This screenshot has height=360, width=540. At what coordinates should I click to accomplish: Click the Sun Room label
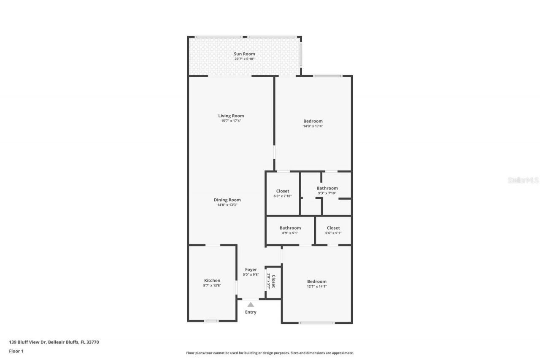tap(244, 54)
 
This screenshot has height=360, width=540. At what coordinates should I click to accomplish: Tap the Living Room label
tap(231, 116)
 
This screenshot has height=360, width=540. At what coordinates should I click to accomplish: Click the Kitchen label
tap(212, 281)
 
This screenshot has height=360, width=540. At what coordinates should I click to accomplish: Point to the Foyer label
tap(251, 270)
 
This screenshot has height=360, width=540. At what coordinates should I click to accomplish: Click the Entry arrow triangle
tap(251, 304)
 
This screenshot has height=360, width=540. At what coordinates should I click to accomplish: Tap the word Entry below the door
tap(251, 312)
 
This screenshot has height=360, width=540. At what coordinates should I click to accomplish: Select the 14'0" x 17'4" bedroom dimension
tap(313, 126)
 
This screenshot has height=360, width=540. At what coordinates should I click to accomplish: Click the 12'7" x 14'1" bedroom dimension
tap(316, 286)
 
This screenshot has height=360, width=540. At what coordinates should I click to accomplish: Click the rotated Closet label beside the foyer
tap(273, 282)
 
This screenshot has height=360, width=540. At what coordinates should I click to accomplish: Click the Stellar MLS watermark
tap(523, 180)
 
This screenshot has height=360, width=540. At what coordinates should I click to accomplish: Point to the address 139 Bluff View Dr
tap(54, 342)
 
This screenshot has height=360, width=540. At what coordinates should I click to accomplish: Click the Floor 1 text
tap(16, 351)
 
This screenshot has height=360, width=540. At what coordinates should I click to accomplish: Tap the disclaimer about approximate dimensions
tap(270, 353)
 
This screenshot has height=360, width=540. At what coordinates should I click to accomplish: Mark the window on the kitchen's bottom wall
tap(211, 321)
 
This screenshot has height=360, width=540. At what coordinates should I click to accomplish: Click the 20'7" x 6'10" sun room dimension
tap(244, 59)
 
